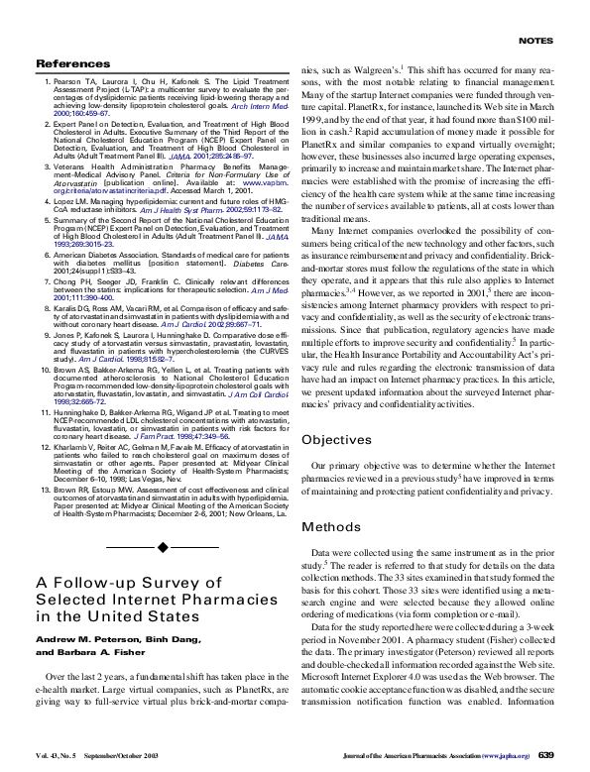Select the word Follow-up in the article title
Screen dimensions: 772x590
(102, 583)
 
